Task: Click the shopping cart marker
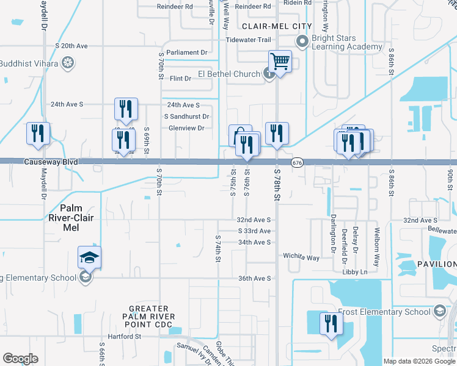[280, 61]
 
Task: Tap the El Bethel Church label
[229, 74]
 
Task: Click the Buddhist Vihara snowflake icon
[68, 63]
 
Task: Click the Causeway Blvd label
[51, 162]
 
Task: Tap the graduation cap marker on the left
[89, 259]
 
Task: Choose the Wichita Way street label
[301, 257]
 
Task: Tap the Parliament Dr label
[187, 52]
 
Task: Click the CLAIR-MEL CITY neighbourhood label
[277, 26]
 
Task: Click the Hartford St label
[121, 336]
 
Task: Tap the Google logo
[20, 359]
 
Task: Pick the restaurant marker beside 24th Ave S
[126, 109]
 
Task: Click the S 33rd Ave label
[254, 231]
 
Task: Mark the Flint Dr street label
[180, 79]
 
